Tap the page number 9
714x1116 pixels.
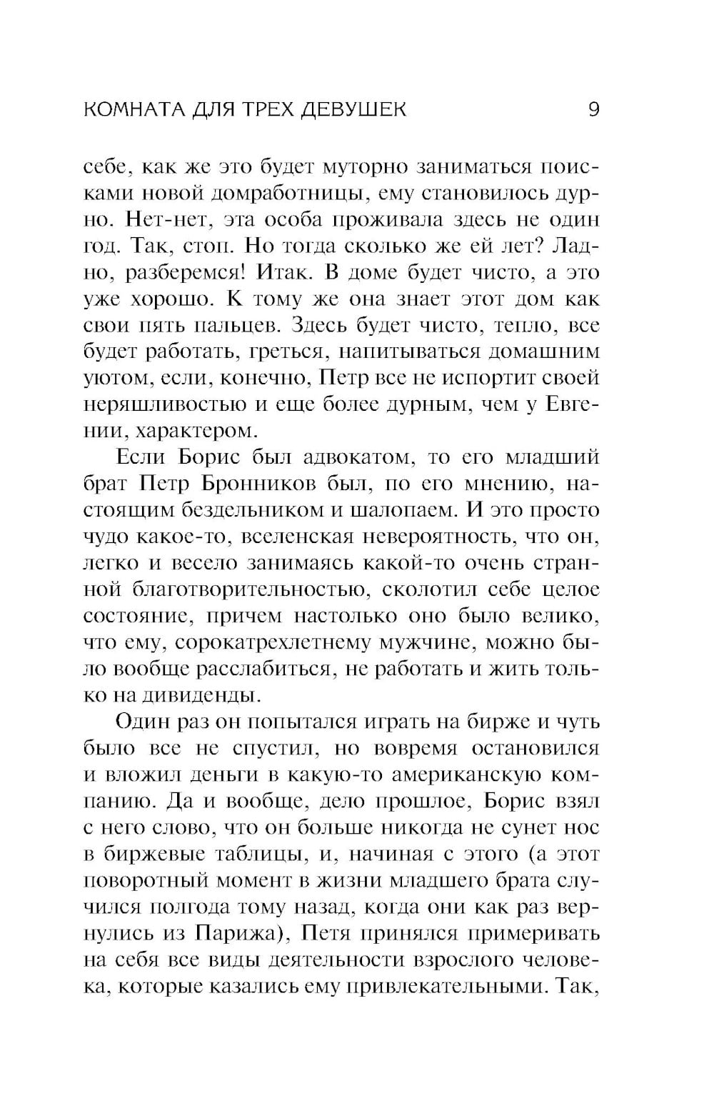(593, 109)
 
